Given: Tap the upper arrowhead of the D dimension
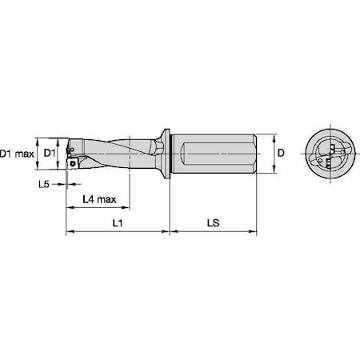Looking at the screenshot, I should (274, 134).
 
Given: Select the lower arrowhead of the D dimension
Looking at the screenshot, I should (274, 170).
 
